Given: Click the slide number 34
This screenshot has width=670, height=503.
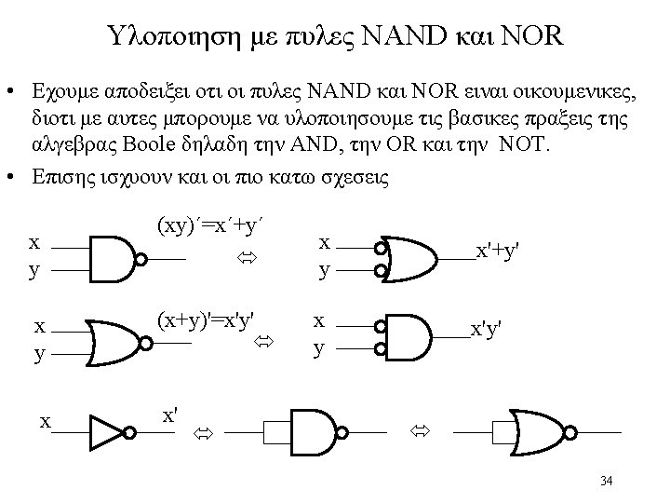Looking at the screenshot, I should pos(607,481).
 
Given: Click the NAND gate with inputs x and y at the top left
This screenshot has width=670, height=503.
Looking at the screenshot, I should pos(114,258).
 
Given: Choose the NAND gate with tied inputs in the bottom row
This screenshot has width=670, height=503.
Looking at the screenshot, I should pos(315,432).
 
